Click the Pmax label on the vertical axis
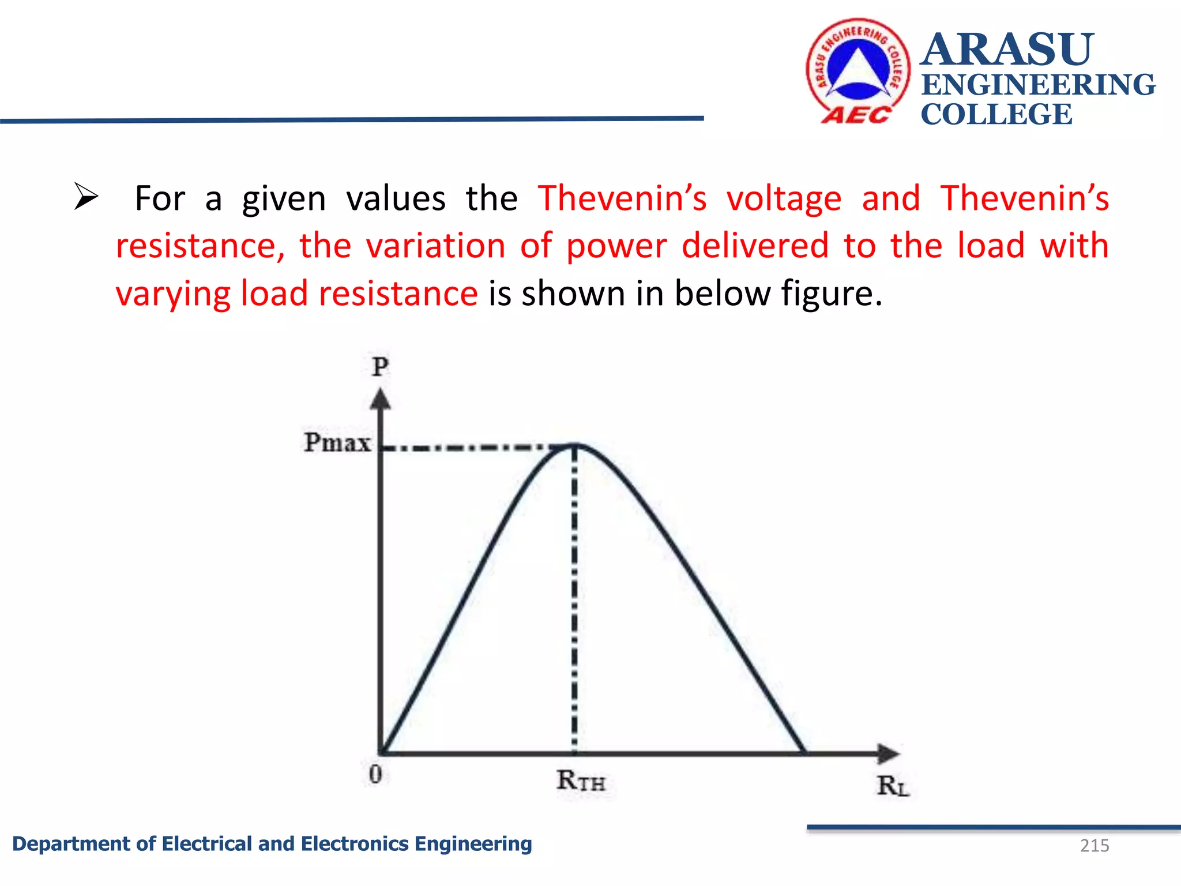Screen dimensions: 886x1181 point(337,443)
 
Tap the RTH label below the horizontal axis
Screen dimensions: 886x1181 point(581,781)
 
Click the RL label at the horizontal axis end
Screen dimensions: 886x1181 point(893,786)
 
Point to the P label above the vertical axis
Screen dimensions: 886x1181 point(381,367)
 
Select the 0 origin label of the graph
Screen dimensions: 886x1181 point(375,774)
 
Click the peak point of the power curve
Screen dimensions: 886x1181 point(575,445)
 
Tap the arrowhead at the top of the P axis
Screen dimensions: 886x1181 point(380,399)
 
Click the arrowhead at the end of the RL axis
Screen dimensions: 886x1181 point(888,753)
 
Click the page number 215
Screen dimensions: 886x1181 point(1094,846)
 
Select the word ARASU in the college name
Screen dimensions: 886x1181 point(1007,50)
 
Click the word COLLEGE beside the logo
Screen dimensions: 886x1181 point(996,114)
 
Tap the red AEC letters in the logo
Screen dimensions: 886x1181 point(856,115)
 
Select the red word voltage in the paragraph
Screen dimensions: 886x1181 point(784,199)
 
